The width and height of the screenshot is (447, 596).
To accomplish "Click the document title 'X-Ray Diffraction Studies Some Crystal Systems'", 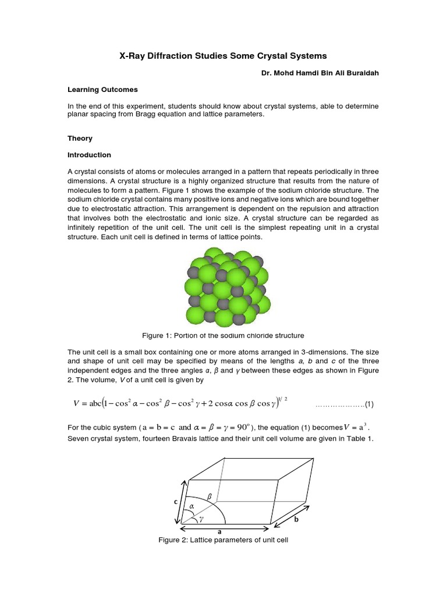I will click(223, 56).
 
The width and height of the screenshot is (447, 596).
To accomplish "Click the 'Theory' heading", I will click(80, 139).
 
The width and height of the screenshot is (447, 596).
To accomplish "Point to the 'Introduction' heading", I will click(89, 155).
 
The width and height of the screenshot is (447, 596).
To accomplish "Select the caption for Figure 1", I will click(223, 335).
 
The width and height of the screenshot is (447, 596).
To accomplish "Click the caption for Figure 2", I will click(223, 540).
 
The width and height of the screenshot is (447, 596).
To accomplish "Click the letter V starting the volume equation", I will click(76, 403).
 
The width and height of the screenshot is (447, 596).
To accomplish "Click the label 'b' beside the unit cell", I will click(296, 520).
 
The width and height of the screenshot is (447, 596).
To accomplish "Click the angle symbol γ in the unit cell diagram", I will click(201, 517).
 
